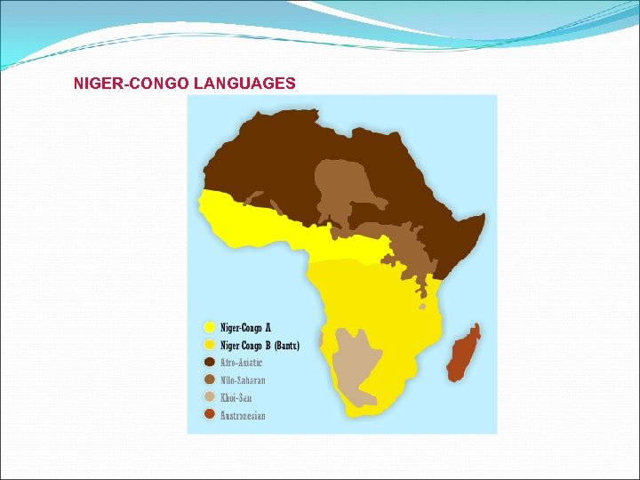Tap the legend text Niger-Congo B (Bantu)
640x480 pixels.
point(260,345)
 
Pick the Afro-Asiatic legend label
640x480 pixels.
point(241,363)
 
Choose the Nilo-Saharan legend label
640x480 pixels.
point(243,380)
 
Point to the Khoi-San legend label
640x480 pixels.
point(236,397)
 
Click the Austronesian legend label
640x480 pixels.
point(243,415)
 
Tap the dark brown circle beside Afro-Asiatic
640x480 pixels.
point(210,362)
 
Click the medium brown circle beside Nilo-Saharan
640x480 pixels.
point(210,380)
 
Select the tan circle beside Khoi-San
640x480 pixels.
point(210,396)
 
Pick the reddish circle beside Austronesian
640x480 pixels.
point(210,414)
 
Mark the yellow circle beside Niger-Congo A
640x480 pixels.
point(210,327)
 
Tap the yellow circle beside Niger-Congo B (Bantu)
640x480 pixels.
point(210,344)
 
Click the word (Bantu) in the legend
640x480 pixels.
point(286,345)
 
